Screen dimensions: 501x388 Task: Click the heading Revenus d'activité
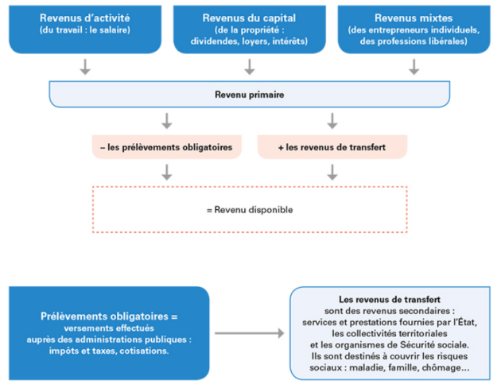point(84,17)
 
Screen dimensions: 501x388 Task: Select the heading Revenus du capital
point(249,18)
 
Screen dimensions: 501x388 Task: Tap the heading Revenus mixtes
point(414,17)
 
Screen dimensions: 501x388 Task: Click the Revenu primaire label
point(249,95)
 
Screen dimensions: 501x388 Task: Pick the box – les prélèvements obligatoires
point(167,147)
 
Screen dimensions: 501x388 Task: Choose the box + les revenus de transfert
point(332,147)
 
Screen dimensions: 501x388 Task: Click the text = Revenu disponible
point(250,210)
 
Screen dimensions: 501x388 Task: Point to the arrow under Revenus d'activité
point(85,67)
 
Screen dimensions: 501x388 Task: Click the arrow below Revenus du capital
point(250,67)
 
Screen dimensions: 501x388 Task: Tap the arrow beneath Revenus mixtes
point(414,67)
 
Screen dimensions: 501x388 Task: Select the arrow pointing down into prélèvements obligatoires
point(167,121)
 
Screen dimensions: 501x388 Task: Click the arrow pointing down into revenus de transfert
point(332,121)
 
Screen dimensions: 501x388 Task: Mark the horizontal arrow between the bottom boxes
point(250,333)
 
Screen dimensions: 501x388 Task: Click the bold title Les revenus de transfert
point(390,299)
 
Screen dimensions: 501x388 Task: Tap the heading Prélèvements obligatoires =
point(109,316)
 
